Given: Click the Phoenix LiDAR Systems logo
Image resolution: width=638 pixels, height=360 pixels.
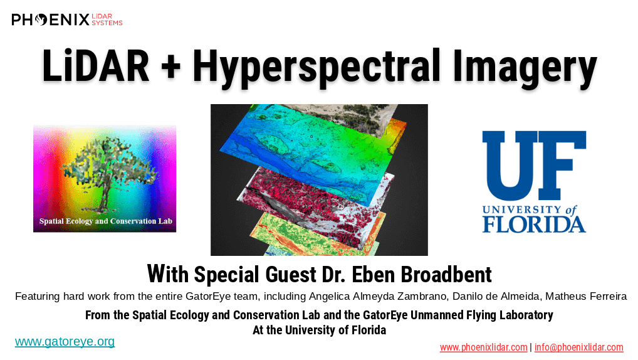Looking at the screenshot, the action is (66, 19).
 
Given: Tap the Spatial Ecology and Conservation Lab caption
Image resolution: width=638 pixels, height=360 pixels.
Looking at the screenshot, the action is (106, 221).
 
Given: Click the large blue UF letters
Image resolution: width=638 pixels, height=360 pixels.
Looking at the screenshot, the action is (534, 165).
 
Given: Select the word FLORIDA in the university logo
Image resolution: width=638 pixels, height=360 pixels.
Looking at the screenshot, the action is (534, 225).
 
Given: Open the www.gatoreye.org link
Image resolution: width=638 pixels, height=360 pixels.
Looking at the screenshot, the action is (65, 341).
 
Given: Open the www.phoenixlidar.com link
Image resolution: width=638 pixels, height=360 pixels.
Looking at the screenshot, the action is (483, 347).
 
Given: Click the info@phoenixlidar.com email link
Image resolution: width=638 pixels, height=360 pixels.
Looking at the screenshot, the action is (578, 347).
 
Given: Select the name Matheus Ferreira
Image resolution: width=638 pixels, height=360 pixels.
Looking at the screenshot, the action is (586, 296).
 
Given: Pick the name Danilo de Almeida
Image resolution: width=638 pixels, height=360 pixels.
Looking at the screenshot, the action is (496, 296).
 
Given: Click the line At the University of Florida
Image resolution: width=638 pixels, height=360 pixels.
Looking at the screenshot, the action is (320, 330).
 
